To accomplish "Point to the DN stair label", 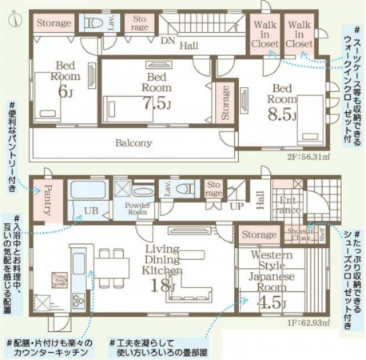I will pyautogui.click(x=167, y=39).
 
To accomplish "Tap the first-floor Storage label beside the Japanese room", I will pyautogui.click(x=257, y=234).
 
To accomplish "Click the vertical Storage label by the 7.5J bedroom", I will pyautogui.click(x=225, y=102).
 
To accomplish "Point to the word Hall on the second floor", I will pyautogui.click(x=189, y=46).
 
